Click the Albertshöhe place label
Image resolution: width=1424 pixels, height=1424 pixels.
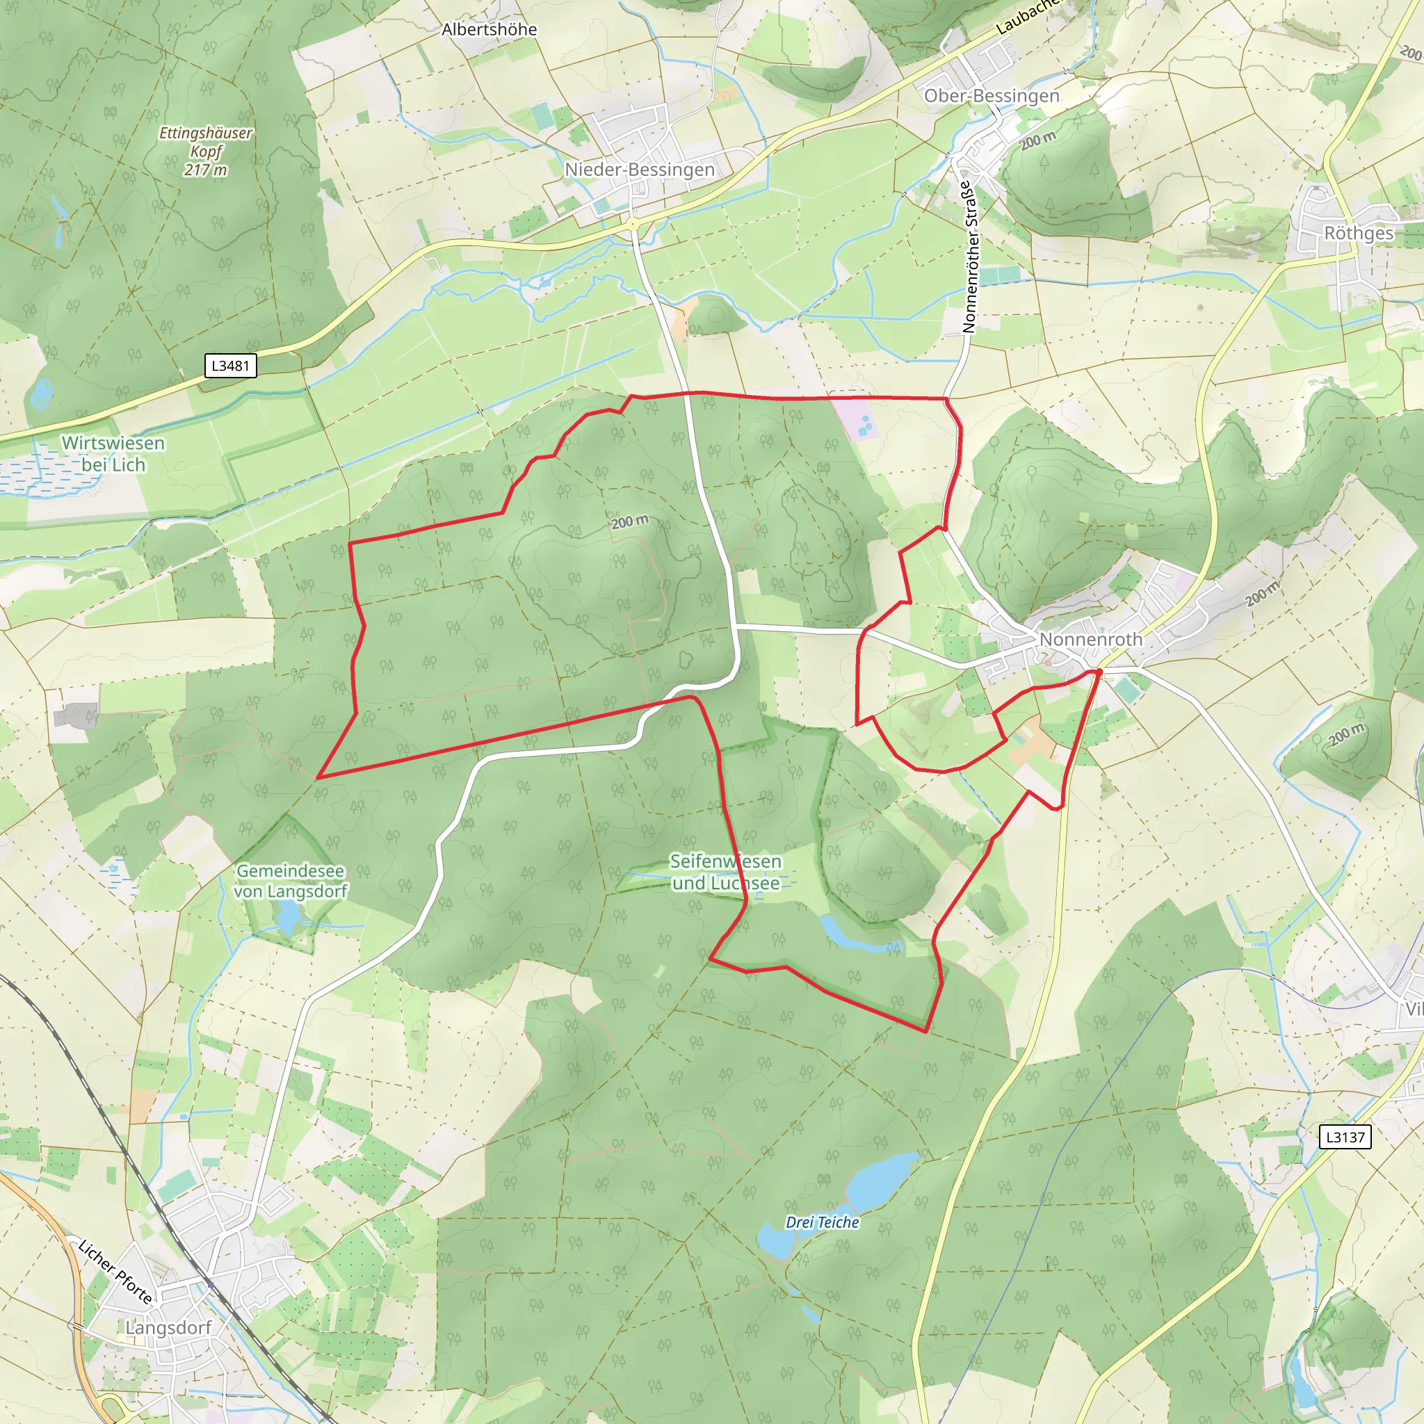click(489, 30)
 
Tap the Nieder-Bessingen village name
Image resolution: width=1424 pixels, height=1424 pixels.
click(639, 170)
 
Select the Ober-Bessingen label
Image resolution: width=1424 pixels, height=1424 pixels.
click(992, 96)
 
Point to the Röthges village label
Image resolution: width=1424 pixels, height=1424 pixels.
click(1359, 233)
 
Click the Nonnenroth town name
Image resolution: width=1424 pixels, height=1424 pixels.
click(1090, 639)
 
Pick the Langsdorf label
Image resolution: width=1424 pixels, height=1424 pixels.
click(168, 1327)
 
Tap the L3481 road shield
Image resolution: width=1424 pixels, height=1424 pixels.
click(230, 366)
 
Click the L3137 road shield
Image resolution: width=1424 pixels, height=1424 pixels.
click(1345, 1137)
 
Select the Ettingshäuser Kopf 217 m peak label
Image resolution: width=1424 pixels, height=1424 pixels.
click(206, 151)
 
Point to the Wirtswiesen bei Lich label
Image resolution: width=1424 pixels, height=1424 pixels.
click(113, 453)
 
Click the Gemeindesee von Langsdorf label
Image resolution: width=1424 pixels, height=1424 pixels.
click(291, 880)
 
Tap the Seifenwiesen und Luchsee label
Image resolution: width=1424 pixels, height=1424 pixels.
click(725, 871)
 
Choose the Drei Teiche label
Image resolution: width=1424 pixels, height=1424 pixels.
click(822, 1222)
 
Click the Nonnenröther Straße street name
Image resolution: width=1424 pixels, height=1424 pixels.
click(970, 257)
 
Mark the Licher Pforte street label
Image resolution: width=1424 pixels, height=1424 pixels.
click(115, 1272)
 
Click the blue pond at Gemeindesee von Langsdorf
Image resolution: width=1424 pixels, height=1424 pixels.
click(288, 917)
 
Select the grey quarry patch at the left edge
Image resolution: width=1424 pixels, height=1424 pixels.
click(74, 714)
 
